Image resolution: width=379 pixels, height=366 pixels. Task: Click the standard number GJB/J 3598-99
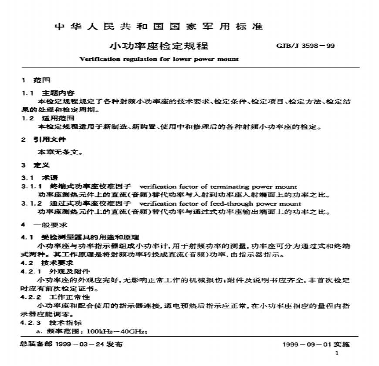tap(305, 46)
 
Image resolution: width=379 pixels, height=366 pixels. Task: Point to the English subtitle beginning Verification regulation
tap(159, 59)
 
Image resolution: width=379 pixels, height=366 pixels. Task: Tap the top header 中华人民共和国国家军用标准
tap(159, 27)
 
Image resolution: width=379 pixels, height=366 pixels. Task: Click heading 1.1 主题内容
tap(48, 93)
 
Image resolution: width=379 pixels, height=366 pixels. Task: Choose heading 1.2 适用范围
tap(48, 118)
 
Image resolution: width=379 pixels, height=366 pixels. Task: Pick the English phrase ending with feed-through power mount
tap(220, 203)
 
